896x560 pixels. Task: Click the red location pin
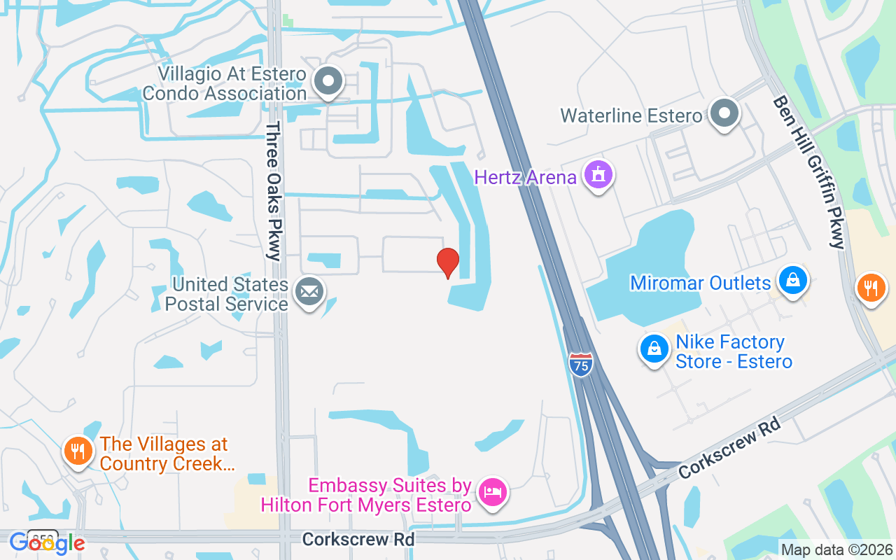(x=447, y=262)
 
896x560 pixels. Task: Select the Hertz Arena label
(x=525, y=177)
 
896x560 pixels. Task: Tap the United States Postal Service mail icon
(x=309, y=291)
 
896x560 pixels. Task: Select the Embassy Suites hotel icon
(x=493, y=491)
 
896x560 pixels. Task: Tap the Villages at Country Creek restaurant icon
(x=78, y=451)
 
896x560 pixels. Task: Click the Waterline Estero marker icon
(x=724, y=113)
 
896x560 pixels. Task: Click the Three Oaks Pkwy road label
(x=273, y=190)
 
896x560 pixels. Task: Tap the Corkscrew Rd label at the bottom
(x=358, y=539)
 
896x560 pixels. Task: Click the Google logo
(x=47, y=542)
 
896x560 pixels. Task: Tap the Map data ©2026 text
(x=837, y=550)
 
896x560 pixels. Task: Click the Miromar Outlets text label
(x=700, y=283)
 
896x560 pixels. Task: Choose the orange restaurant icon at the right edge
(x=871, y=287)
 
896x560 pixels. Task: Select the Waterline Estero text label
(x=631, y=115)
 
